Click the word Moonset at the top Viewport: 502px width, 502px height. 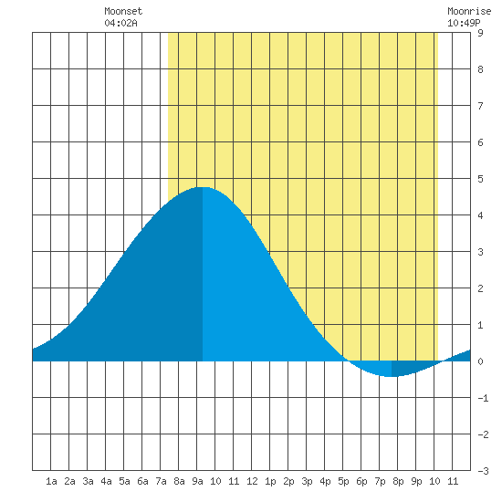point(123,11)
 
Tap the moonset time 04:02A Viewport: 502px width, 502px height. point(120,23)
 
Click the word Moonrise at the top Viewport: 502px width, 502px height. point(469,11)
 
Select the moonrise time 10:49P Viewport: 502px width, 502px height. point(464,23)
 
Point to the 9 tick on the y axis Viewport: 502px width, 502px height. point(480,33)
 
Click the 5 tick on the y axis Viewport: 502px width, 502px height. point(480,179)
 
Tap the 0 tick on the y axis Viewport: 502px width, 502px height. point(480,361)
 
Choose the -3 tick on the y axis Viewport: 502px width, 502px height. point(483,471)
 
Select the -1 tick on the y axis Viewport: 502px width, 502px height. point(483,398)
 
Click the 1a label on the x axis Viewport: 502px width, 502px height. point(51,481)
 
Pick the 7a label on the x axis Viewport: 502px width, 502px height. point(161,481)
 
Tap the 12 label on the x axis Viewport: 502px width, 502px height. point(252,481)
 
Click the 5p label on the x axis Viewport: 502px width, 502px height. point(343,481)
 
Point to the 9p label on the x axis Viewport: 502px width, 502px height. point(416,481)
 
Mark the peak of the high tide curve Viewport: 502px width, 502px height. point(203,187)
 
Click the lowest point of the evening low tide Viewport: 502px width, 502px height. point(392,376)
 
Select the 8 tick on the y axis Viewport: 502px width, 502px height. point(480,69)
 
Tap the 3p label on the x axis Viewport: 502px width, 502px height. point(307,481)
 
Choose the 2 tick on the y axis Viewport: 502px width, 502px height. point(480,288)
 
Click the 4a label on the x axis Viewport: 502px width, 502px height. point(106,481)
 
